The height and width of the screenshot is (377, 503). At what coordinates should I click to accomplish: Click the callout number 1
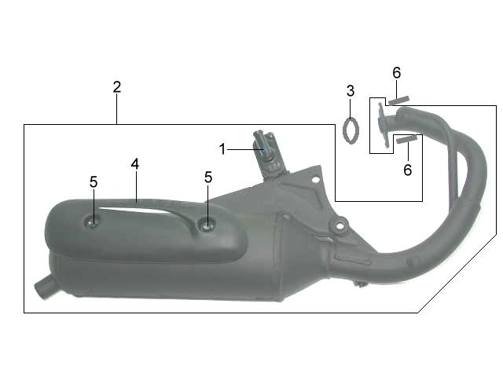click(x=222, y=149)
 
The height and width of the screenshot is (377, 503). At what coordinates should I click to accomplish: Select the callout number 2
click(x=117, y=87)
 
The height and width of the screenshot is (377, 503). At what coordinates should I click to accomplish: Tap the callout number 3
click(x=351, y=91)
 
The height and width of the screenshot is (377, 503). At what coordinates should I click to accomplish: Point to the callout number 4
click(x=135, y=164)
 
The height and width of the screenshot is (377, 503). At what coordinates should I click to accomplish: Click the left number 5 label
click(x=94, y=182)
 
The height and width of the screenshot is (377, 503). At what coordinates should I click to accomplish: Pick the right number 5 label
click(x=208, y=178)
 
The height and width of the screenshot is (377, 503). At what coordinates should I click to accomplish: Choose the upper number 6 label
click(x=397, y=73)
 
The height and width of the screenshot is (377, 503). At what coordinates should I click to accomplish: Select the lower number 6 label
click(x=407, y=170)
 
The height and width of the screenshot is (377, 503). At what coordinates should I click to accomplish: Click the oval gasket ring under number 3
click(x=351, y=130)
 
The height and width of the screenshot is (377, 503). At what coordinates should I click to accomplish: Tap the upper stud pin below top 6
click(x=398, y=101)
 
